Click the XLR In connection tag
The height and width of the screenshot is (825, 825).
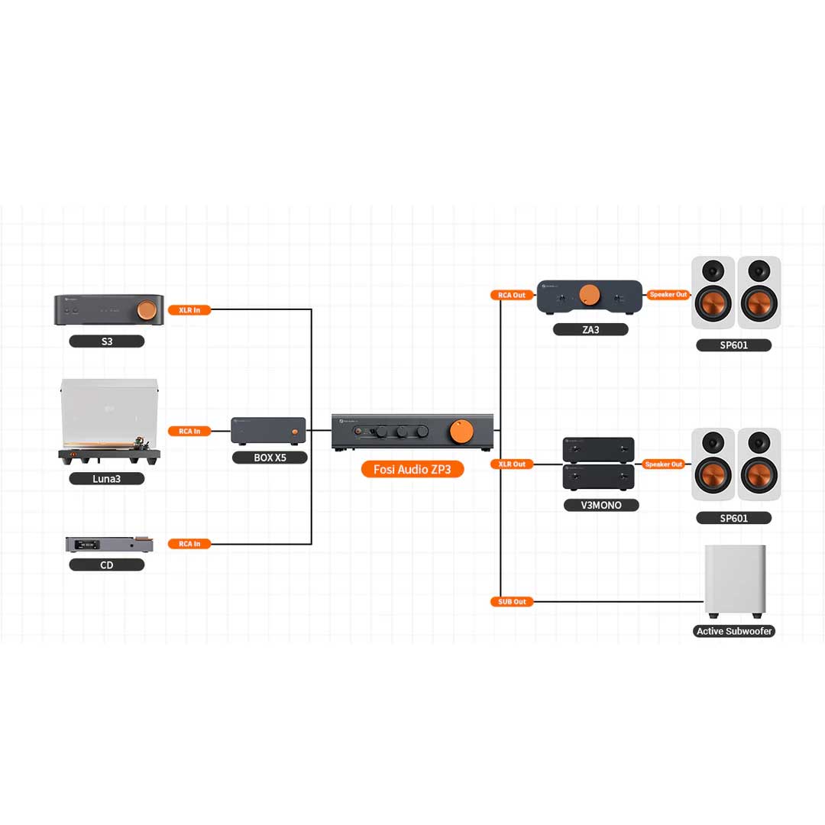(x=189, y=310)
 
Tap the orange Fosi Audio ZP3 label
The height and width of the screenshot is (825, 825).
(x=412, y=468)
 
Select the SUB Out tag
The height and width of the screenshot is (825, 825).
(x=511, y=602)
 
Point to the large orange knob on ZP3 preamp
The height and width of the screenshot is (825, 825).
(x=462, y=430)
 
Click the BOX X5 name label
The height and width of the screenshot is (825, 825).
(x=270, y=458)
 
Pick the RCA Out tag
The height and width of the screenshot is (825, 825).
(x=511, y=295)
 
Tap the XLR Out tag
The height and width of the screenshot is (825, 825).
(x=511, y=464)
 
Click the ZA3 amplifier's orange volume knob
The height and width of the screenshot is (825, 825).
(x=589, y=295)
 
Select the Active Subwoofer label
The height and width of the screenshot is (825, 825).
(x=734, y=632)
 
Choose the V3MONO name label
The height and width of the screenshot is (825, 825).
(x=600, y=505)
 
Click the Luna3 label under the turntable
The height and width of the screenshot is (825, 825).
(x=107, y=479)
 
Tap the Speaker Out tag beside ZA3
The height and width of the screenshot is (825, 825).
(x=668, y=295)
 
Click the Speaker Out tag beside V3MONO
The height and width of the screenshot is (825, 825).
(x=664, y=464)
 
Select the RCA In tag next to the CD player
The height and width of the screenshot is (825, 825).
(x=189, y=544)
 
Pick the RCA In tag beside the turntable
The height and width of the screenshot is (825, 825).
(x=189, y=431)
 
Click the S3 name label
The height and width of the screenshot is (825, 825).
(x=107, y=341)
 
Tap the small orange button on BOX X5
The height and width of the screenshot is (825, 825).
(x=295, y=432)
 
